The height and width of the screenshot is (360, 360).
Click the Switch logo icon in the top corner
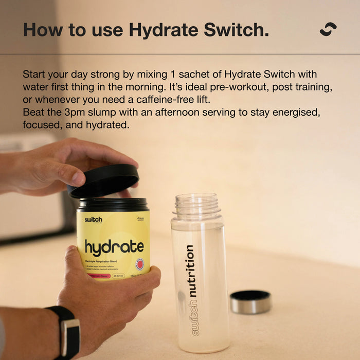click(x=328, y=29)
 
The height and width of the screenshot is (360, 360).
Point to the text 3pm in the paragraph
click(x=89, y=112)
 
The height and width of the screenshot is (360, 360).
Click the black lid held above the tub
click(x=105, y=180)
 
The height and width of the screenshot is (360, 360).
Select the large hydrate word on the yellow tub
click(x=114, y=247)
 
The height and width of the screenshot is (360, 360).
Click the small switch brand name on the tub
click(x=94, y=220)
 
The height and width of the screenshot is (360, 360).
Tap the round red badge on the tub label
click(x=139, y=264)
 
